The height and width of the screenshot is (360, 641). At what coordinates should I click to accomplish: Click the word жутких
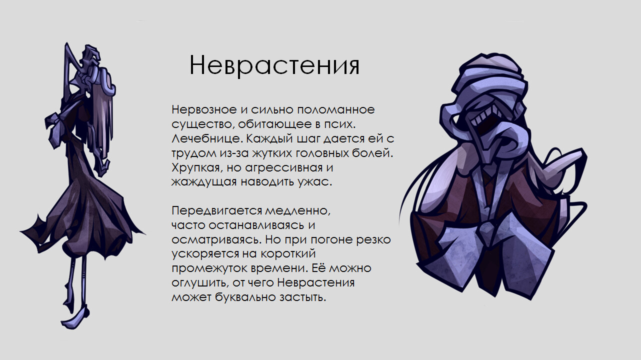(272, 153)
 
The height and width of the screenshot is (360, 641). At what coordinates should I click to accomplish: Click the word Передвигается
(217, 211)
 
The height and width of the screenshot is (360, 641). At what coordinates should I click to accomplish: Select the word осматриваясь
(217, 240)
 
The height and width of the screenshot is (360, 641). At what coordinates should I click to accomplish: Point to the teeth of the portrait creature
(485, 116)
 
